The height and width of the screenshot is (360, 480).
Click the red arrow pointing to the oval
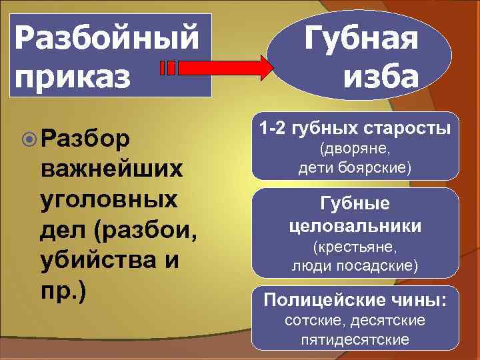point(220,67)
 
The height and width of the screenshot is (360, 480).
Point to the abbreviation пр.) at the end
point(64,293)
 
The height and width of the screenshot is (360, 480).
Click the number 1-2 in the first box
point(273,127)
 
